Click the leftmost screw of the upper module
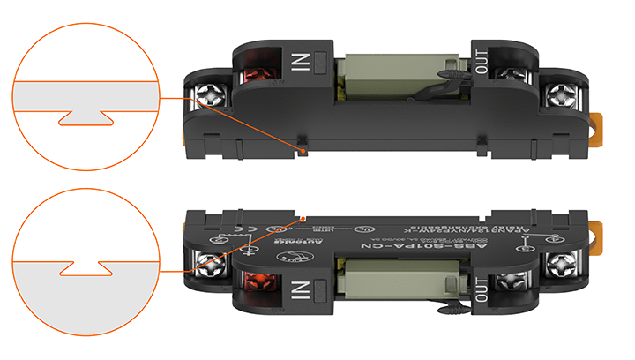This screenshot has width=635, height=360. pyautogui.click(x=211, y=93)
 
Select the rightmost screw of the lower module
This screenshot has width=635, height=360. pyautogui.click(x=561, y=264)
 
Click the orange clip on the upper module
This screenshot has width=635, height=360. pyautogui.click(x=601, y=124)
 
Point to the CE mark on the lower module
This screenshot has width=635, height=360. pyautogui.click(x=248, y=235)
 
